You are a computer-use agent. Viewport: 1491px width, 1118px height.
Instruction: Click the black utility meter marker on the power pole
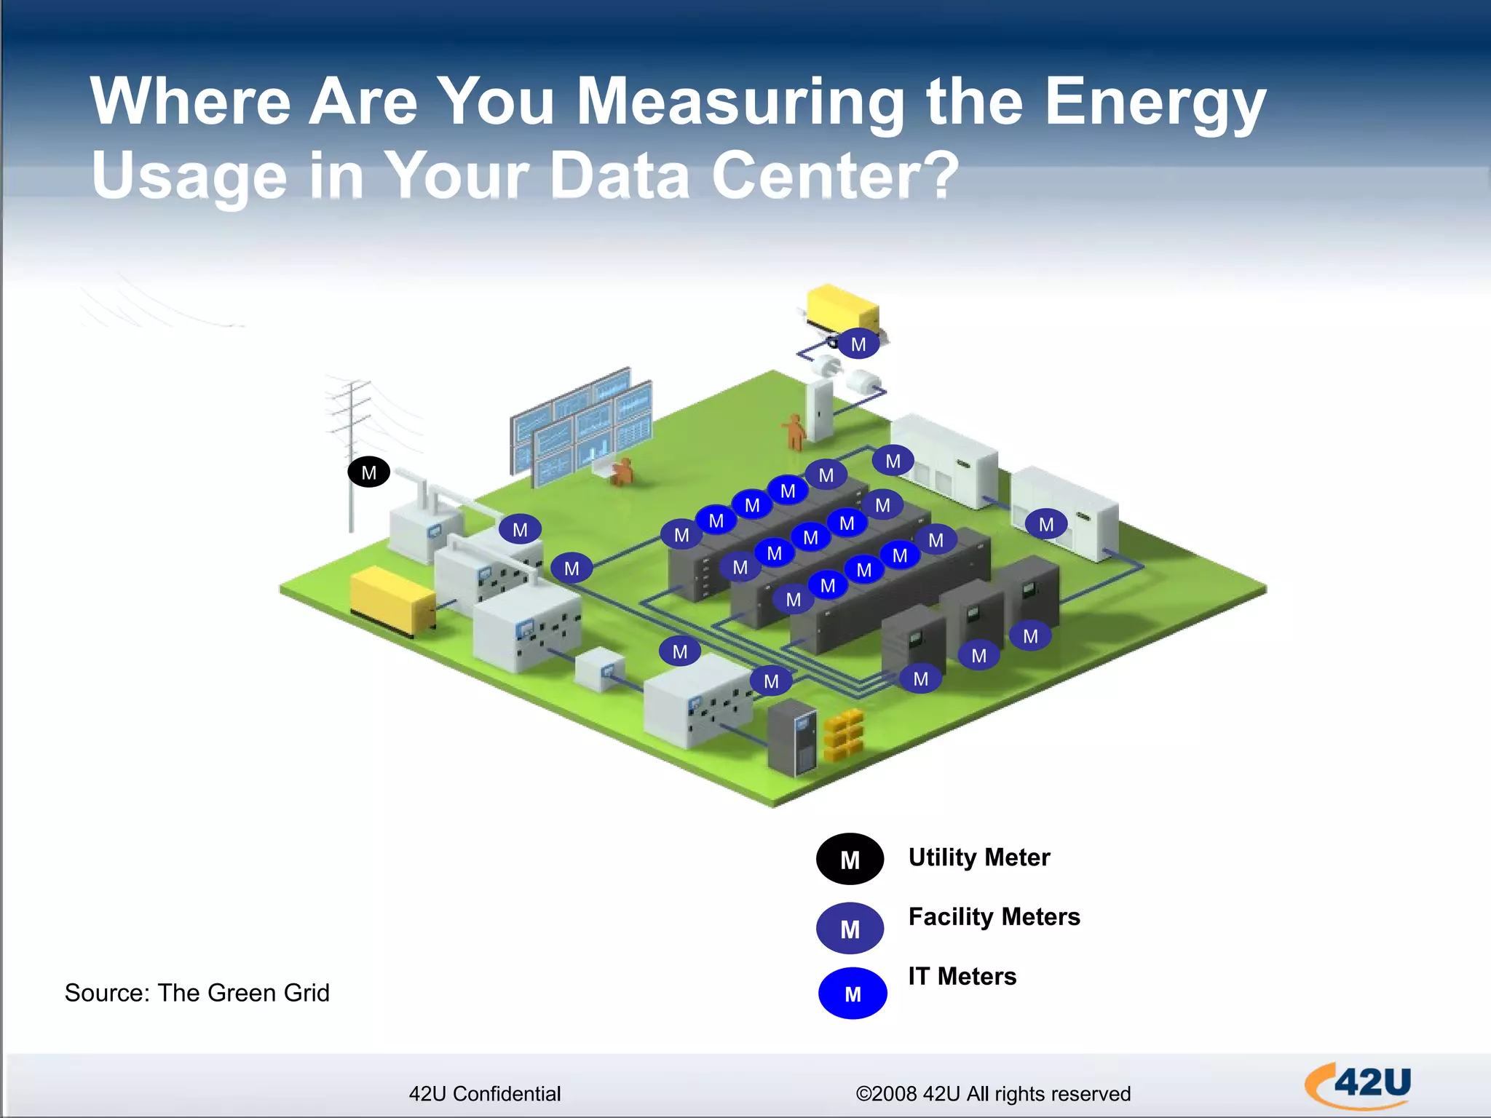368,472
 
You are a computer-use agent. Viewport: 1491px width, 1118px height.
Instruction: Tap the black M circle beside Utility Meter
850,859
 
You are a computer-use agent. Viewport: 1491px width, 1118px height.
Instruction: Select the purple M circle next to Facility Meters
850,928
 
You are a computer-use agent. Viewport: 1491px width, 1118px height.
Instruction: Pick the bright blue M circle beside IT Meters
853,993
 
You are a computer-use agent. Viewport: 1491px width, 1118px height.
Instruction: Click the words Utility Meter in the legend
978,857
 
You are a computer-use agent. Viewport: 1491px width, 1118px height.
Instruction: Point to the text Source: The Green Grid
197,993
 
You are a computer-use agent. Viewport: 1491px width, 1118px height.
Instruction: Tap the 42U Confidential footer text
484,1093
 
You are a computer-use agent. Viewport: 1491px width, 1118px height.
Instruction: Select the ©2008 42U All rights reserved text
992,1093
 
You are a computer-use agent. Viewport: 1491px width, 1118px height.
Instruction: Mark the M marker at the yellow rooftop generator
858,344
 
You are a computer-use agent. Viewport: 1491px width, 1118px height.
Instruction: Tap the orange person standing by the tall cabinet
794,432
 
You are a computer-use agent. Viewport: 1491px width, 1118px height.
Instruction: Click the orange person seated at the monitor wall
622,472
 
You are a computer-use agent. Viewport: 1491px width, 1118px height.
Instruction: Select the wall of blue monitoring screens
580,426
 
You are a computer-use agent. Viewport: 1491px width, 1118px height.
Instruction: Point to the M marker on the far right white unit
1045,524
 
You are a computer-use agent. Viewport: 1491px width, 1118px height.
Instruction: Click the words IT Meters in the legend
961,976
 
